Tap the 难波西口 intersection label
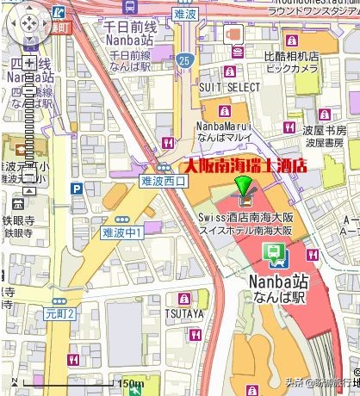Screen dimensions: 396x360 pyautogui.click(x=162, y=182)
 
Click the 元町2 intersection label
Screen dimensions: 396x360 pyautogui.click(x=61, y=314)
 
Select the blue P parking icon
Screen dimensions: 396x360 pyautogui.click(x=77, y=189)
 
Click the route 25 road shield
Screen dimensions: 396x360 pyautogui.click(x=184, y=60)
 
